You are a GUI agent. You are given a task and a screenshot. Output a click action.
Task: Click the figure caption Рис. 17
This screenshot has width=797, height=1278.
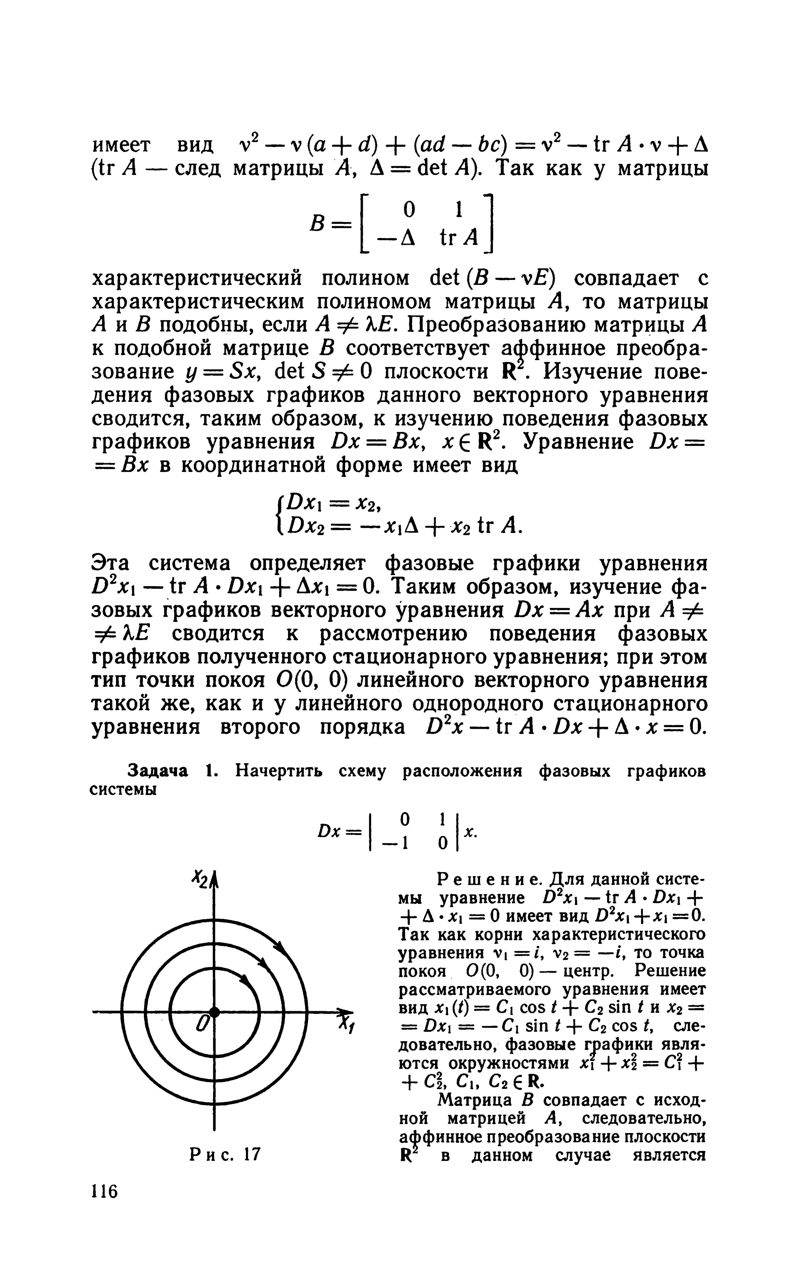click(225, 1155)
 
